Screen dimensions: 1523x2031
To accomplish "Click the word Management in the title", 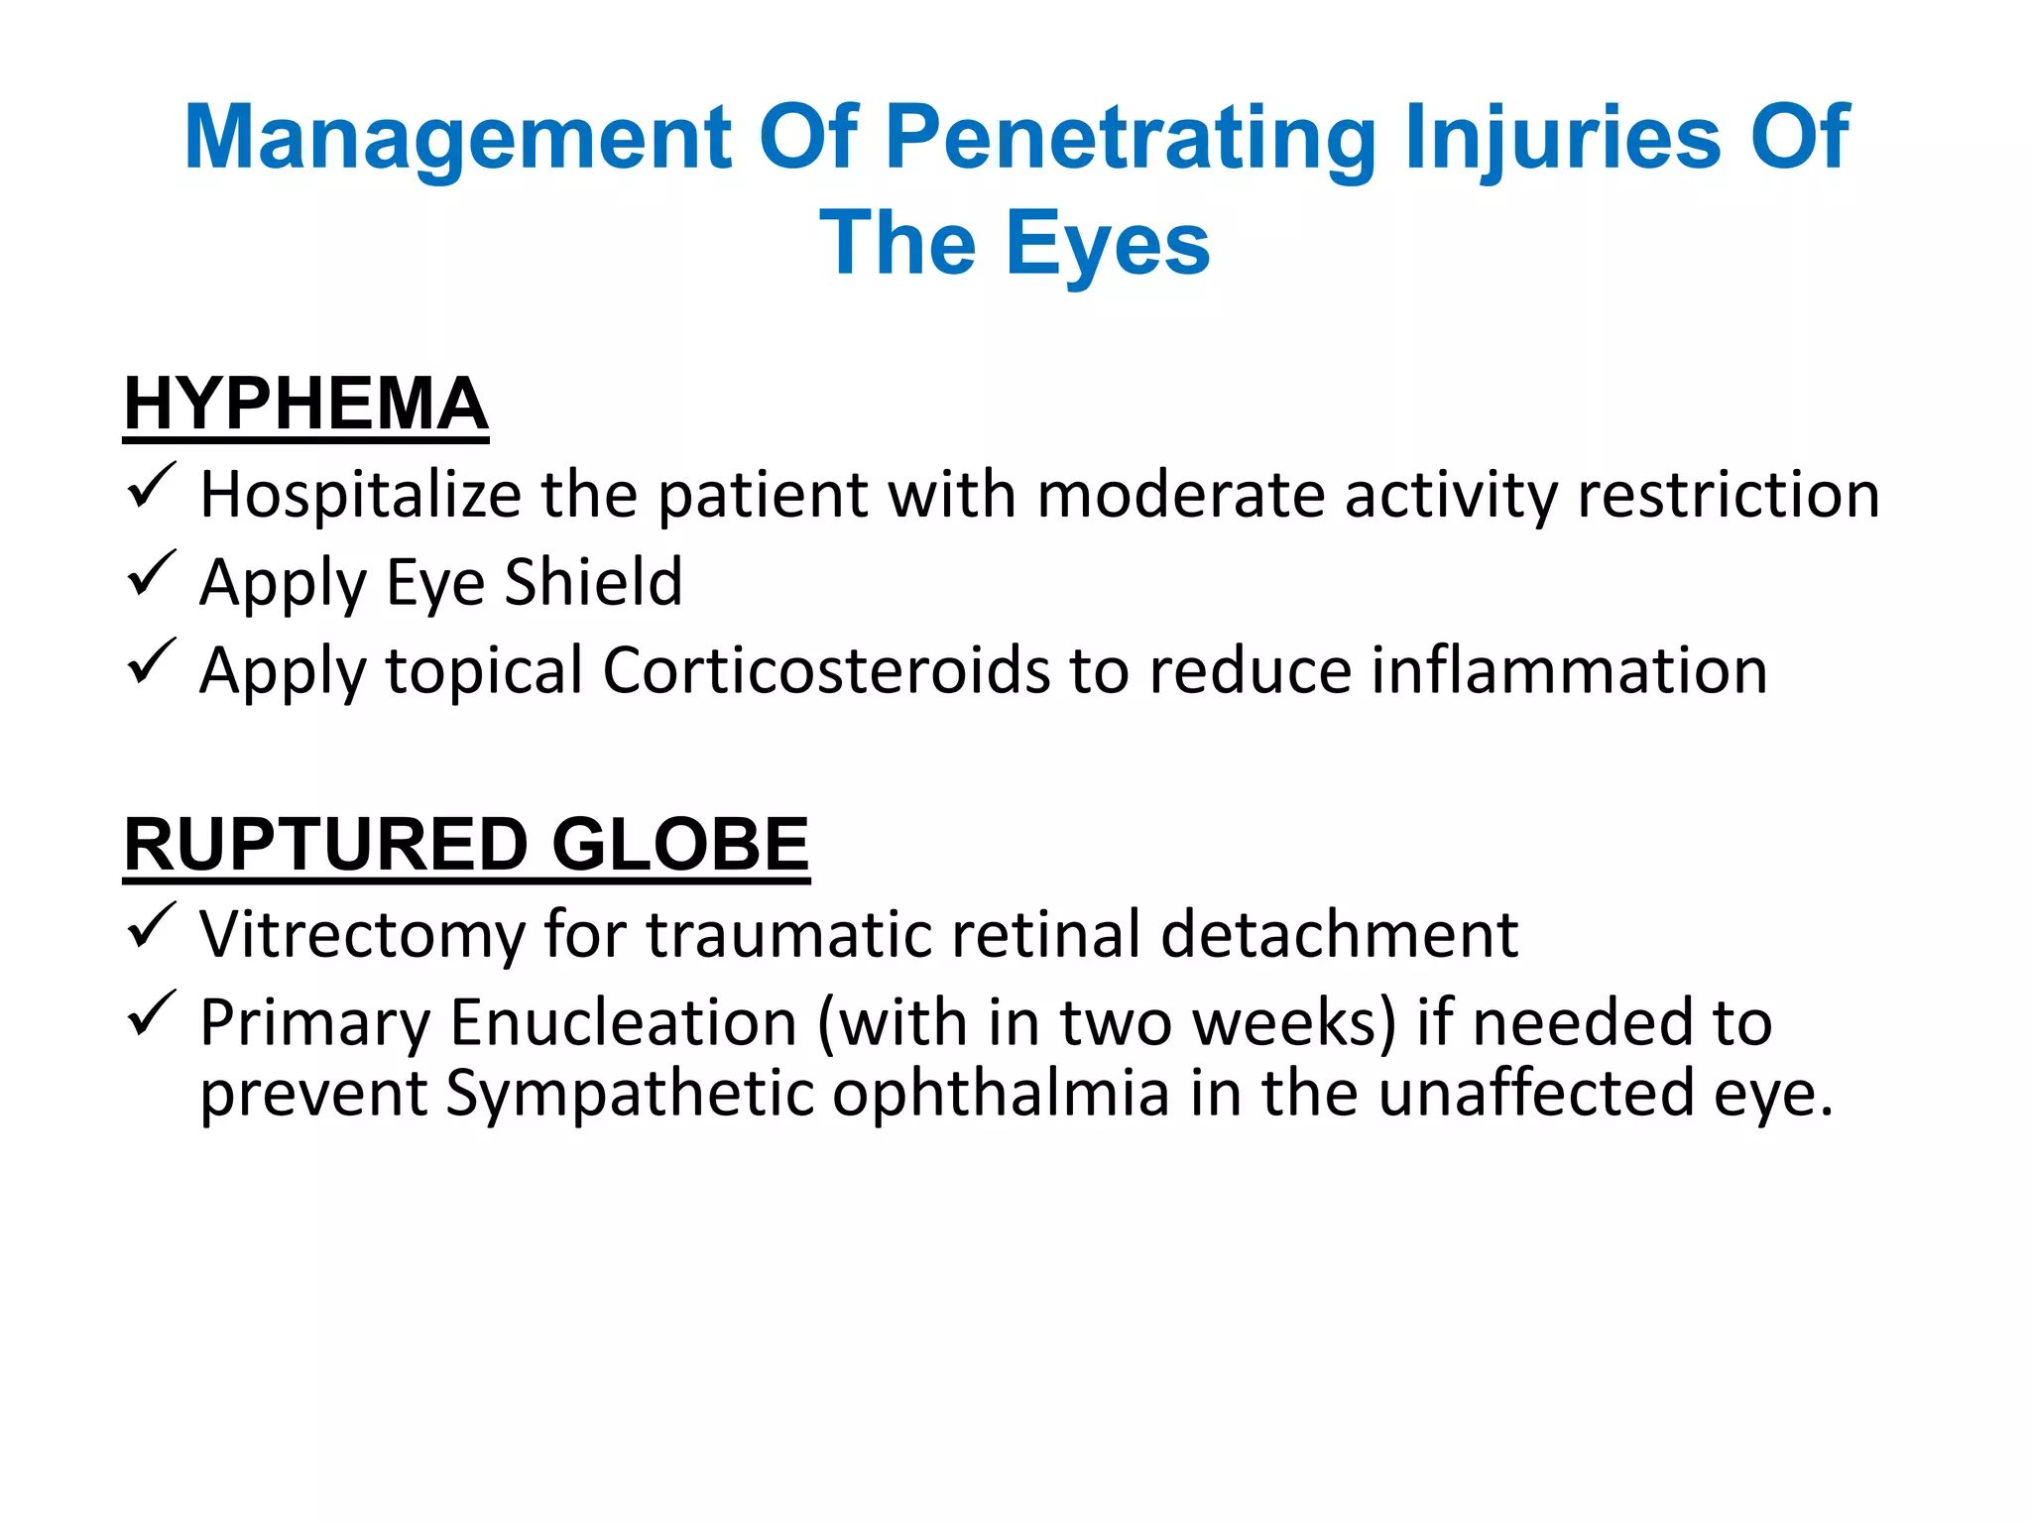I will tap(457, 138).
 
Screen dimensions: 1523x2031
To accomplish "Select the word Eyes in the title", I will tap(1108, 245).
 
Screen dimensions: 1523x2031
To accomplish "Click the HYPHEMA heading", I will tap(305, 404).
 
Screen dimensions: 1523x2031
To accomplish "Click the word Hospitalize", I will tap(360, 495).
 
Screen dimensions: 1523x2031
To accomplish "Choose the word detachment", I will tap(1339, 934).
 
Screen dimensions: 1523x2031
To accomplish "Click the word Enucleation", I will tap(624, 1022).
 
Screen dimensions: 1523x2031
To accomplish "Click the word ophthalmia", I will tap(1001, 1093).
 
